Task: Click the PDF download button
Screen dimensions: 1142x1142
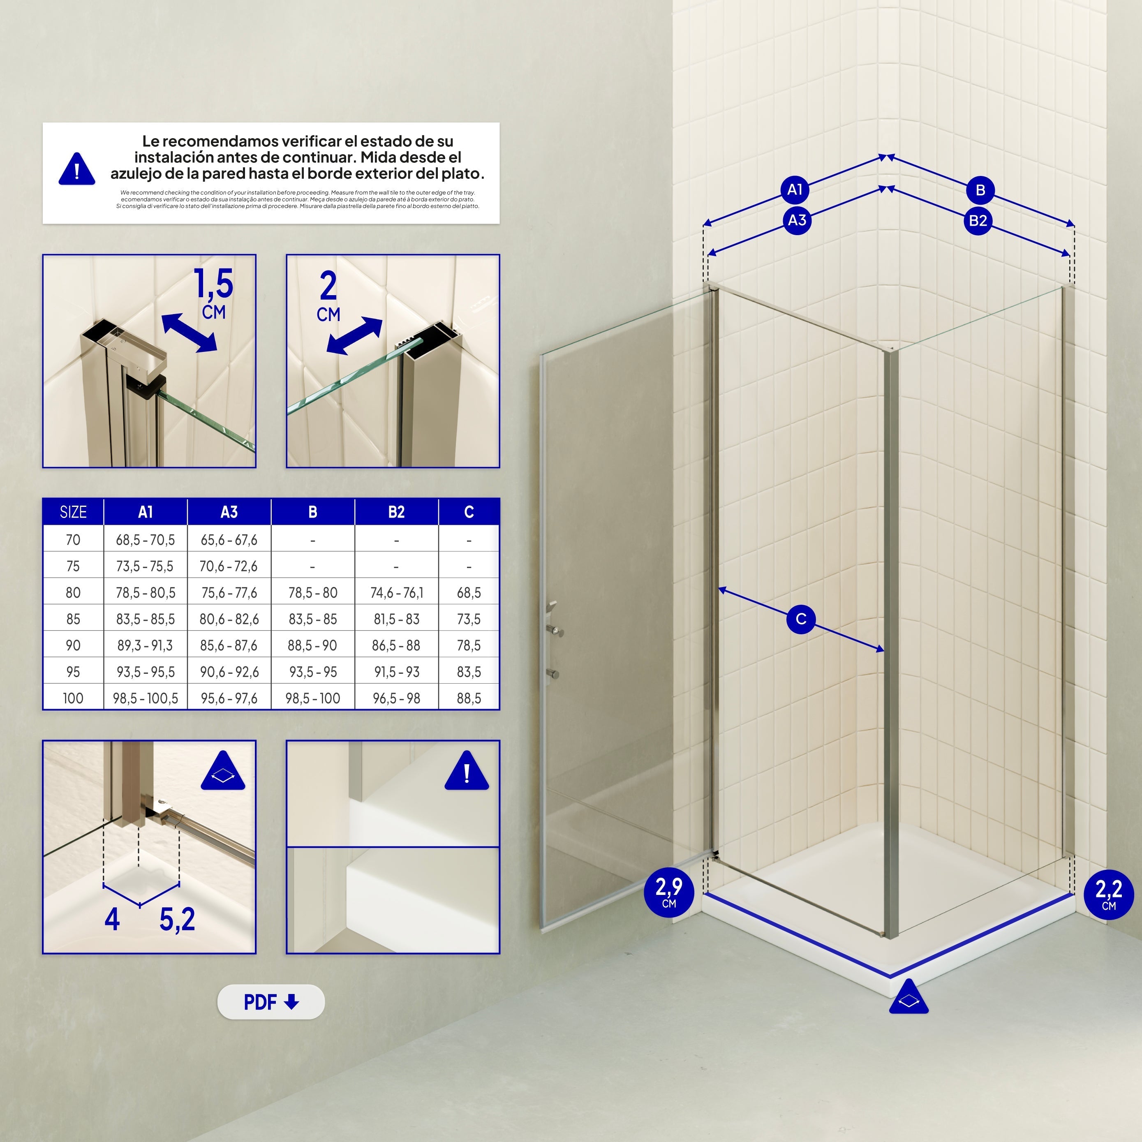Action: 271,1002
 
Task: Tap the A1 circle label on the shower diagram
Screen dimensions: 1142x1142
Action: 795,190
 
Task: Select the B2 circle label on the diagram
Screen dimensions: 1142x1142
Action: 978,220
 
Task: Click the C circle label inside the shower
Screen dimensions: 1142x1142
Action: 801,619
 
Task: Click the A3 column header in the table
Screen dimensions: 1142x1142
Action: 229,512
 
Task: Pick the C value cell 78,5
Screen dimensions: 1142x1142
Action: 469,645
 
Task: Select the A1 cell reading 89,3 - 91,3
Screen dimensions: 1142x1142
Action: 146,645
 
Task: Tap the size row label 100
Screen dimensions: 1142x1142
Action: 73,698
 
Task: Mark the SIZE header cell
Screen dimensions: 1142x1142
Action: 73,512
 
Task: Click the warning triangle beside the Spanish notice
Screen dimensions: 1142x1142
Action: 77,170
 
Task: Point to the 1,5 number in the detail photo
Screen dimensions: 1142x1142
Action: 214,283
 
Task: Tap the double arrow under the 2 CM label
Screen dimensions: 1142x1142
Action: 355,336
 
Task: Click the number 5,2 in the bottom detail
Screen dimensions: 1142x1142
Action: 177,919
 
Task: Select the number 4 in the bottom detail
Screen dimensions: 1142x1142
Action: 112,919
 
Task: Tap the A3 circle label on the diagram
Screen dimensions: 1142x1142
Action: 797,220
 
